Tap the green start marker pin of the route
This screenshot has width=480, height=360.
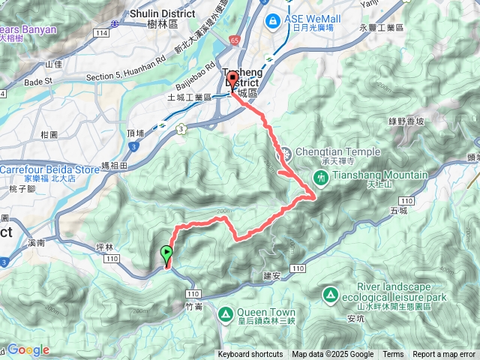coord(166,254)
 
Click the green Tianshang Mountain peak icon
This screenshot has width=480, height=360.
coord(322,177)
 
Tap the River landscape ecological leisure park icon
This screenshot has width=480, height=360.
coord(329,294)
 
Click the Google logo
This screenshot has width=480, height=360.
coord(28,349)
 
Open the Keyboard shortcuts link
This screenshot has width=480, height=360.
coord(250,355)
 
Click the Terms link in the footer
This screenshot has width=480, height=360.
coord(393,355)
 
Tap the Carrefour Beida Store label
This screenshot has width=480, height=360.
coord(49,169)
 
